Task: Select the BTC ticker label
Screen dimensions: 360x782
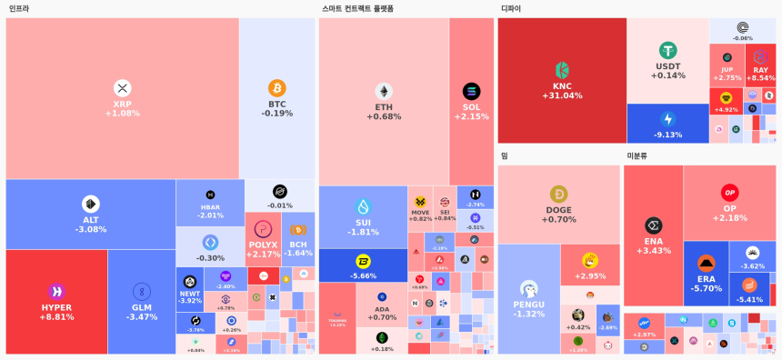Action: click(276, 104)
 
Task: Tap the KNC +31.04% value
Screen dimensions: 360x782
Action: click(562, 95)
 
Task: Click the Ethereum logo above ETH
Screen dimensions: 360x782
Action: click(384, 91)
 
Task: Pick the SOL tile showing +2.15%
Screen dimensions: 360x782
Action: click(471, 102)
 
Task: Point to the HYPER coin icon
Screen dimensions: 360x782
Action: click(56, 291)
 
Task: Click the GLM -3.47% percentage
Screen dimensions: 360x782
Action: click(142, 317)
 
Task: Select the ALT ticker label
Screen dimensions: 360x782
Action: click(91, 219)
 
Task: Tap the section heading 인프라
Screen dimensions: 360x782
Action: click(19, 9)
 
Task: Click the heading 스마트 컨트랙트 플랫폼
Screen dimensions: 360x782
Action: click(357, 9)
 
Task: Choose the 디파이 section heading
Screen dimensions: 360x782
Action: click(511, 9)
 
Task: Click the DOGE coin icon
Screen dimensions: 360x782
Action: click(558, 194)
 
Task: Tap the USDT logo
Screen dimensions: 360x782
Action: click(668, 50)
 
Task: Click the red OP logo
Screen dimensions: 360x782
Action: click(729, 193)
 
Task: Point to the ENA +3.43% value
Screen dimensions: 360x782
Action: click(653, 251)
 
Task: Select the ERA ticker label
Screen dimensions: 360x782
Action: click(707, 279)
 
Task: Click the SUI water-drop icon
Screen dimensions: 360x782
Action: click(364, 206)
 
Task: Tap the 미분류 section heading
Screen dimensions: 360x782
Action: click(637, 155)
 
